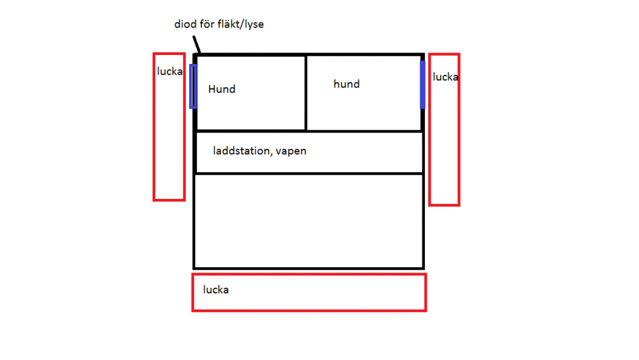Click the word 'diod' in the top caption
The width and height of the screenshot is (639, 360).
[185, 24]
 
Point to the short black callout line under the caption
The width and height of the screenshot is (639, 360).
[196, 44]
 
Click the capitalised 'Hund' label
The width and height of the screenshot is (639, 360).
[222, 89]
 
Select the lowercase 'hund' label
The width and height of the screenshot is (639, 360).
[346, 84]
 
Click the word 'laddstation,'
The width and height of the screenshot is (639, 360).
[242, 151]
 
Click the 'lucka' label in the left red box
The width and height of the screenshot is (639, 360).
[169, 72]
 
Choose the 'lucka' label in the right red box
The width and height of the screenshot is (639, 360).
[445, 77]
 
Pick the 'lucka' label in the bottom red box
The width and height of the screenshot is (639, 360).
[216, 290]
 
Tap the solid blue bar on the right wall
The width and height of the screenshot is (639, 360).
[422, 85]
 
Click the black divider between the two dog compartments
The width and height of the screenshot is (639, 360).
[305, 93]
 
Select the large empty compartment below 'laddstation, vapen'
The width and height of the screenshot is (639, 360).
[309, 221]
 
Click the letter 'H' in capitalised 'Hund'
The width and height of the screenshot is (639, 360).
[212, 89]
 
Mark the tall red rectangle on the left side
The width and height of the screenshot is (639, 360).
[154, 127]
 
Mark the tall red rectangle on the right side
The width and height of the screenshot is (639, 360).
[430, 129]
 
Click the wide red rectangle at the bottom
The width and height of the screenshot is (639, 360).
[309, 274]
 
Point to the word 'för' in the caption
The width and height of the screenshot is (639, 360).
[207, 24]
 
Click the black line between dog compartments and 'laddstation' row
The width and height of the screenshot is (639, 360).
[309, 131]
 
